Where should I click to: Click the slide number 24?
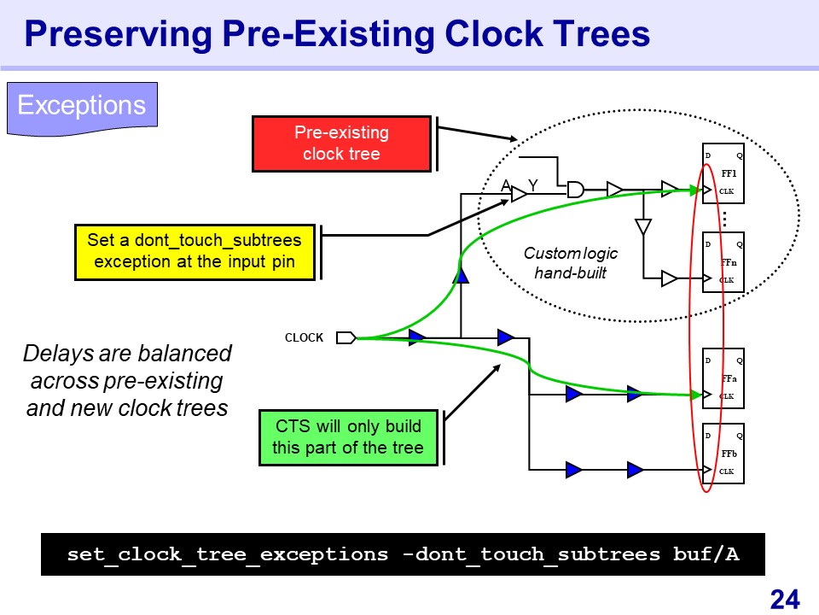click(x=785, y=599)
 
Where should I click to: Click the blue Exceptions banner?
click(x=82, y=107)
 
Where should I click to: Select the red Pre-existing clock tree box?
click(x=341, y=143)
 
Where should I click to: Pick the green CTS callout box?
click(x=347, y=436)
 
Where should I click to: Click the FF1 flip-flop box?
click(x=723, y=174)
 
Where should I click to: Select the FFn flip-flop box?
click(x=723, y=262)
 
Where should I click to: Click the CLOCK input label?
click(x=304, y=338)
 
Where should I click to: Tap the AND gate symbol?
click(x=576, y=189)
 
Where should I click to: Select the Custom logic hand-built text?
click(x=570, y=263)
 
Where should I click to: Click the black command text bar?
click(x=403, y=554)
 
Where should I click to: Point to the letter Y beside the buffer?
click(x=533, y=184)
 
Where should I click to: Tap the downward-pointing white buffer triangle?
click(x=643, y=227)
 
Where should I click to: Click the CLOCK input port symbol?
click(x=346, y=338)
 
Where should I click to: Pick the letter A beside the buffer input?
click(x=506, y=184)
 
